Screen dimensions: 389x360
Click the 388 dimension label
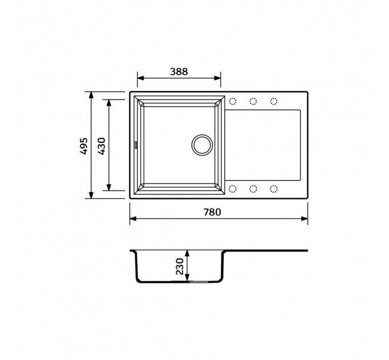click(178, 71)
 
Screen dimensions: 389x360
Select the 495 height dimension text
click(84, 146)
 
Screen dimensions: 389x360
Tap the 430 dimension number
click(101, 146)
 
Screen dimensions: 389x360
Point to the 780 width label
click(212, 212)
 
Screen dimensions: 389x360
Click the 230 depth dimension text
click(180, 266)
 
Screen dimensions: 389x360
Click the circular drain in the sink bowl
click(202, 145)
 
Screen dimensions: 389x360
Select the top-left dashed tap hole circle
click(233, 101)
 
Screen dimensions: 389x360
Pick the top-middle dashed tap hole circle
click(253, 101)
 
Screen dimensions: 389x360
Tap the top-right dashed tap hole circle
click(273, 101)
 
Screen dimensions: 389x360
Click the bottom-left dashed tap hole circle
click(233, 189)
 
